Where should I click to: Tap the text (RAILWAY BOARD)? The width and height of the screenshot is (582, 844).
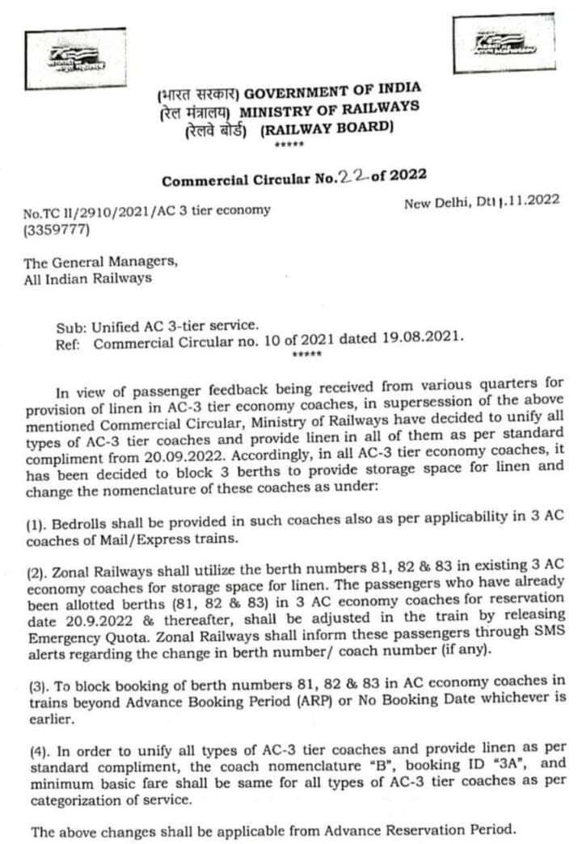pos(327,128)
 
